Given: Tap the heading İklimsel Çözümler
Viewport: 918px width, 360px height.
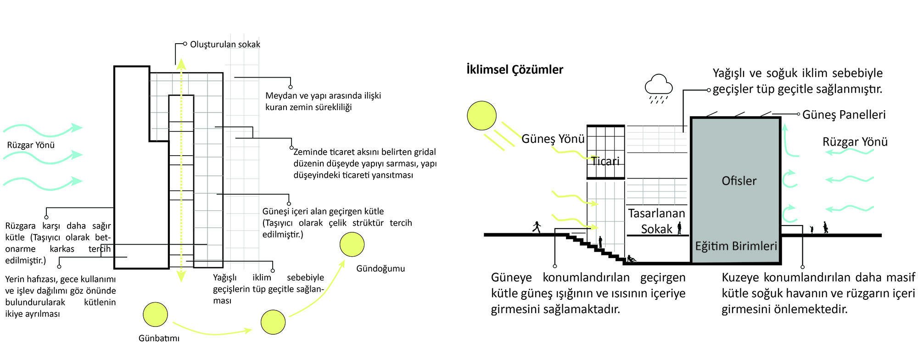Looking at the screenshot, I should pos(515,70).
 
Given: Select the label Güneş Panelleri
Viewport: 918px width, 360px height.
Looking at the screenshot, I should pos(844,115).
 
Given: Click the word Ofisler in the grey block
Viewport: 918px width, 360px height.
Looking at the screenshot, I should pos(739,181).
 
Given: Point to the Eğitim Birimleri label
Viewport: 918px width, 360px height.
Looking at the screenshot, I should pos(736,246).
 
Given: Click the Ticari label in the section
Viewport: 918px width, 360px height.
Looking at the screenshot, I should pos(605,162).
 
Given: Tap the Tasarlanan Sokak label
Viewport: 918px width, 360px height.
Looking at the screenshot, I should pos(656,221).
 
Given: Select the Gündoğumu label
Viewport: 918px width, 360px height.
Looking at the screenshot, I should pos(381,269).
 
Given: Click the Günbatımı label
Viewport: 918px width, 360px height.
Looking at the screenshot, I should pos(159,338).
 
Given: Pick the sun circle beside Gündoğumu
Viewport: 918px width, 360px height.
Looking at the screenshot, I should pos(352,244).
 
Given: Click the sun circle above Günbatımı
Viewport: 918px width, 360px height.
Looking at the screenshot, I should pos(156,315).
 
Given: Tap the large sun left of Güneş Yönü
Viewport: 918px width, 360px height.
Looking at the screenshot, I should pos(481,116).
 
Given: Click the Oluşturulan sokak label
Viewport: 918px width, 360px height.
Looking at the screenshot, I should pos(225,45).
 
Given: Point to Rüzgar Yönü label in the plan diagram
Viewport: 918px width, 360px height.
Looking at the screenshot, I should pos(31,145).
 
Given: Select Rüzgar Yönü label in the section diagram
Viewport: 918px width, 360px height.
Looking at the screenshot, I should pos(855,142).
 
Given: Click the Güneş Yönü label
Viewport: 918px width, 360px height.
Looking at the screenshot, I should pos(553,139).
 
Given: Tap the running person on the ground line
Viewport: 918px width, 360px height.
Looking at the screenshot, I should pos(537,227).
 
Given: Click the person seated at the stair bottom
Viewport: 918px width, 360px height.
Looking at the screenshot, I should pos(631,259).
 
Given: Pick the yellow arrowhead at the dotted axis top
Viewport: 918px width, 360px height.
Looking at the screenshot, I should pos(181,63).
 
